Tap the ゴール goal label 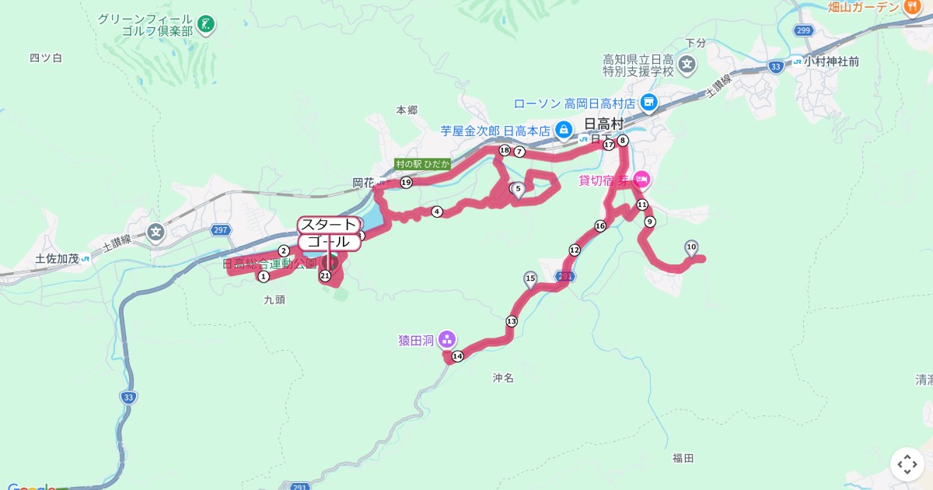(x=329, y=243)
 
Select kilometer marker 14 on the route (x=457, y=356)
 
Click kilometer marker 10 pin (x=691, y=248)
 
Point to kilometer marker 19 (x=406, y=182)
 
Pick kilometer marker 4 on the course (x=437, y=212)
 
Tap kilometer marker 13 (x=511, y=321)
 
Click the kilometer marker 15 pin (x=530, y=279)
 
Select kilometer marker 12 (x=575, y=250)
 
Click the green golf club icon (x=205, y=24)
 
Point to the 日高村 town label (x=603, y=124)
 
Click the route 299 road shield (x=803, y=30)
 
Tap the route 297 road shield (x=221, y=229)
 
